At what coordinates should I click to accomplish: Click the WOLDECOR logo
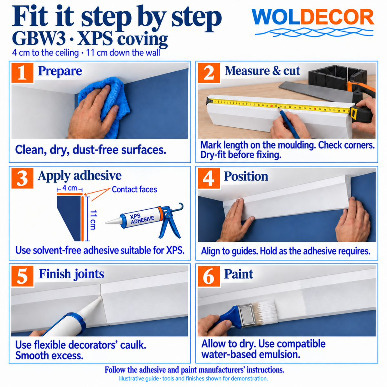pyautogui.click(x=313, y=23)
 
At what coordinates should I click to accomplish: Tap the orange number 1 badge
pyautogui.click(x=22, y=73)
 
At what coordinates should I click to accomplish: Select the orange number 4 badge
pyautogui.click(x=209, y=178)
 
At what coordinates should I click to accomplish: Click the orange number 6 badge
pyautogui.click(x=209, y=276)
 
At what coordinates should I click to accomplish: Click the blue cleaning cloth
pyautogui.click(x=105, y=104)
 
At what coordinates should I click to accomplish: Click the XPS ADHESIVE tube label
pyautogui.click(x=142, y=219)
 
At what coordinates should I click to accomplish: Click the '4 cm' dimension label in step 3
pyautogui.click(x=70, y=188)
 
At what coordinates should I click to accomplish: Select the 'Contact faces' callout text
pyautogui.click(x=134, y=189)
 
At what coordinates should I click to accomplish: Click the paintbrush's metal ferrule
pyautogui.click(x=247, y=315)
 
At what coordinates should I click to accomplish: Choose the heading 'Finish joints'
pyautogui.click(x=72, y=274)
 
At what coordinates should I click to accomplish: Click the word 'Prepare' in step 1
pyautogui.click(x=60, y=71)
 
